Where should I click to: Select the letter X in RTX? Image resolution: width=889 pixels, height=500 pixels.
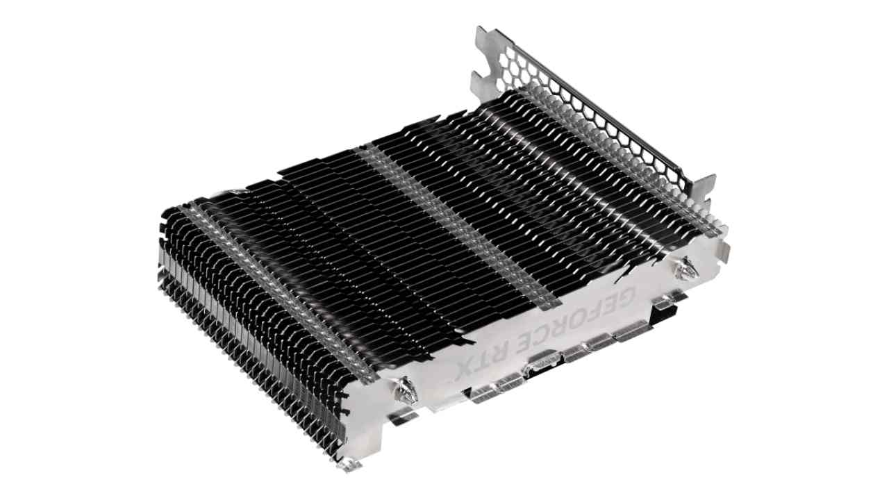coord(465,370)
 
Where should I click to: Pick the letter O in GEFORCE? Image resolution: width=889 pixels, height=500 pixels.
coord(570,321)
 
